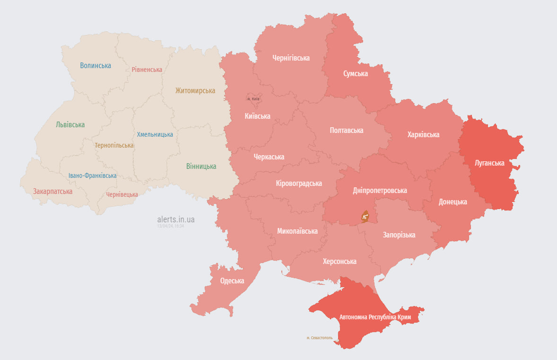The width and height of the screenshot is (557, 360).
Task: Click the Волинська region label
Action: tap(96, 66)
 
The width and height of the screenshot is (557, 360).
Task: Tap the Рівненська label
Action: tap(147, 70)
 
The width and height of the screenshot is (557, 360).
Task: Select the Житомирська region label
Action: tap(195, 90)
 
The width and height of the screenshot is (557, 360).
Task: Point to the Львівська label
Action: tap(70, 125)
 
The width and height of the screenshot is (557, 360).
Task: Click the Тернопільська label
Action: tap(114, 145)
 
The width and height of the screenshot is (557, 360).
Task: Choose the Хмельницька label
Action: tap(155, 134)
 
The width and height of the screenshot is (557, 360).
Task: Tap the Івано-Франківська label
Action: tap(92, 176)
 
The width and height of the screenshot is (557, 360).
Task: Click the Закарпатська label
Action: tap(52, 192)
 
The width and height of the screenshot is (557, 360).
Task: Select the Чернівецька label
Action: tap(122, 194)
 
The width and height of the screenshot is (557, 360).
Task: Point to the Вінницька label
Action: tap(201, 166)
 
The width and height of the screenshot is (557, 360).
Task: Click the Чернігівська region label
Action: tap(291, 58)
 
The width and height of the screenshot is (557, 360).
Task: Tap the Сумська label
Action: tap(356, 73)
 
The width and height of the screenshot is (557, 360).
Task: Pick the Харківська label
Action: tap(423, 134)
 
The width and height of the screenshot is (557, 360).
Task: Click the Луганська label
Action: tap(489, 163)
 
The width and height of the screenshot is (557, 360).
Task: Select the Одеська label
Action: tap(232, 281)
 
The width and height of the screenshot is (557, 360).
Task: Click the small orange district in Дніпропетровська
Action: tap(365, 217)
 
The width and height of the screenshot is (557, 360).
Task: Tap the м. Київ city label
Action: tap(253, 99)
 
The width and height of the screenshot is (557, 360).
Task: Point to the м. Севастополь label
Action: tap(319, 338)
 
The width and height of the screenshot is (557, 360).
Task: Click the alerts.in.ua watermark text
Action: tap(176, 220)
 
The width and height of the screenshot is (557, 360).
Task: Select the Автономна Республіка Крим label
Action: tap(375, 316)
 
